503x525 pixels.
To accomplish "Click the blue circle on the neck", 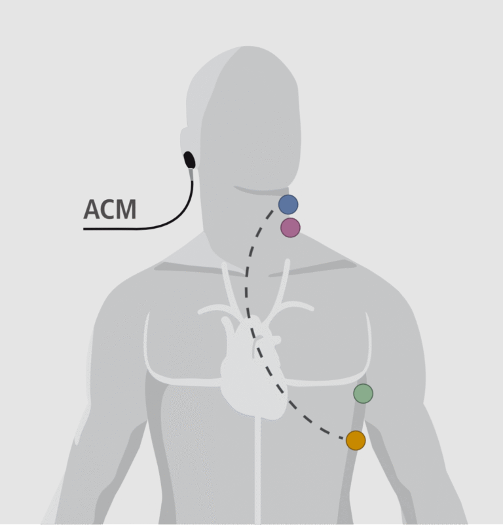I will tap(288, 204).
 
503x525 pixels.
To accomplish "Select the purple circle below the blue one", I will tap(290, 227).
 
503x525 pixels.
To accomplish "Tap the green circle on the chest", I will tap(363, 393).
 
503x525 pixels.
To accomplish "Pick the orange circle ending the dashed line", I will tap(355, 440).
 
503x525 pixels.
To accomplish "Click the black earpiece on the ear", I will tap(189, 159).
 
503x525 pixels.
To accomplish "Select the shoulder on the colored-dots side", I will tap(386, 288).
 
